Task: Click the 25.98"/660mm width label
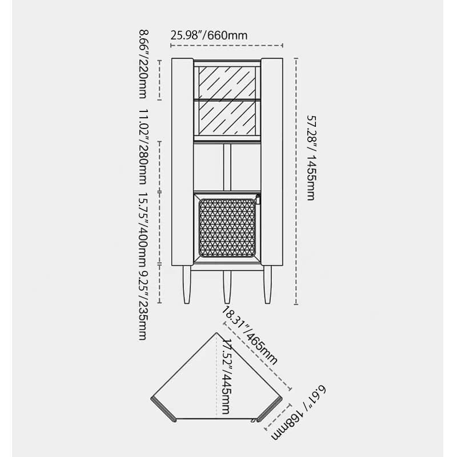209,35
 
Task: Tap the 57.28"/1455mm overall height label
311,158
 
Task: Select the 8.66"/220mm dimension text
143,64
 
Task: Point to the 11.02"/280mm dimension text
143,147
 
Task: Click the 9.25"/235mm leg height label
143,305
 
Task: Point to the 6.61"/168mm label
299,412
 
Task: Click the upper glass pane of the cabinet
227,82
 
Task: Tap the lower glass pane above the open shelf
227,118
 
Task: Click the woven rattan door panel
227,227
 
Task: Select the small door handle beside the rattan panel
258,199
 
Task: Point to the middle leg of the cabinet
227,287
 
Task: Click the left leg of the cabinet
187,284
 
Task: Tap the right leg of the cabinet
267,284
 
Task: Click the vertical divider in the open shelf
227,167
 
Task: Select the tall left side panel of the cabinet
182,162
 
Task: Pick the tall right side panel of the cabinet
272,162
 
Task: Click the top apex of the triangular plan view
217,332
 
